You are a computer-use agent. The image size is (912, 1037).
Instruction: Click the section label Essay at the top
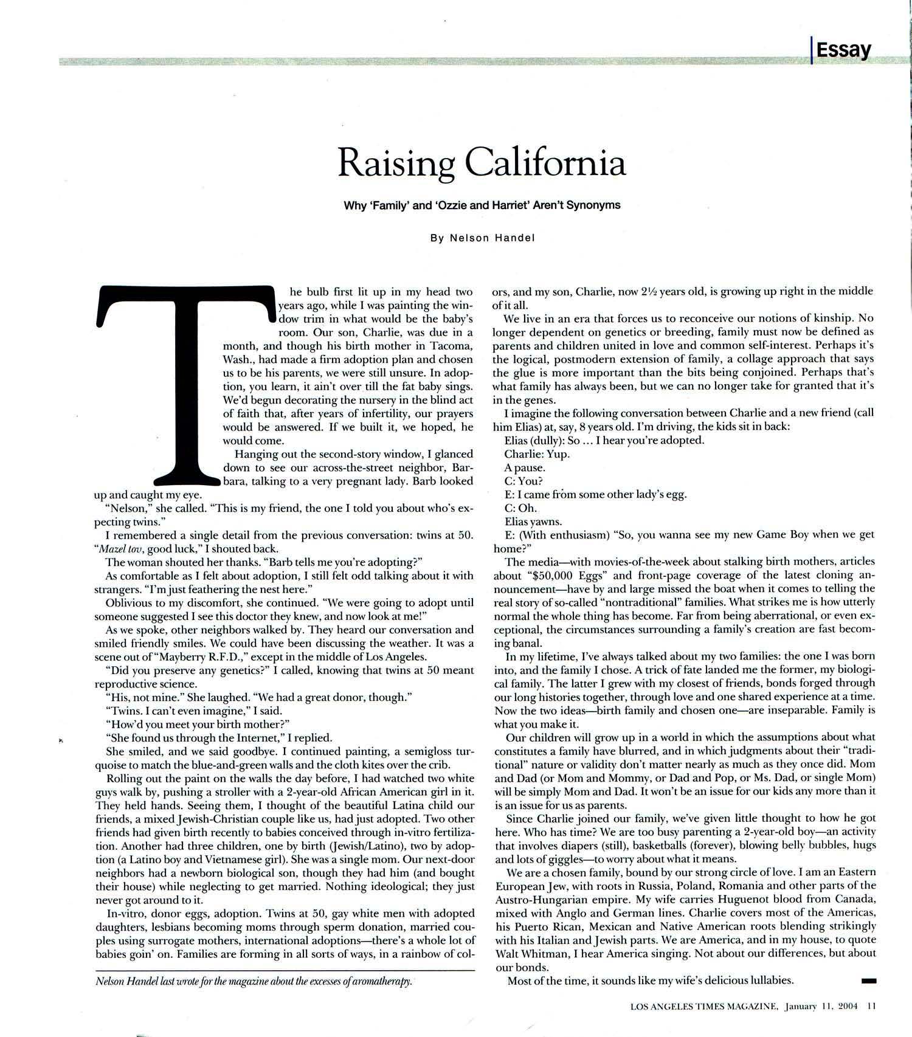coord(843,49)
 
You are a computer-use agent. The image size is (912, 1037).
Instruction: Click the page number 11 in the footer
coord(871,1006)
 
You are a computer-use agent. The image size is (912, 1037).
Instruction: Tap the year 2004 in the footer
coord(848,1006)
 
